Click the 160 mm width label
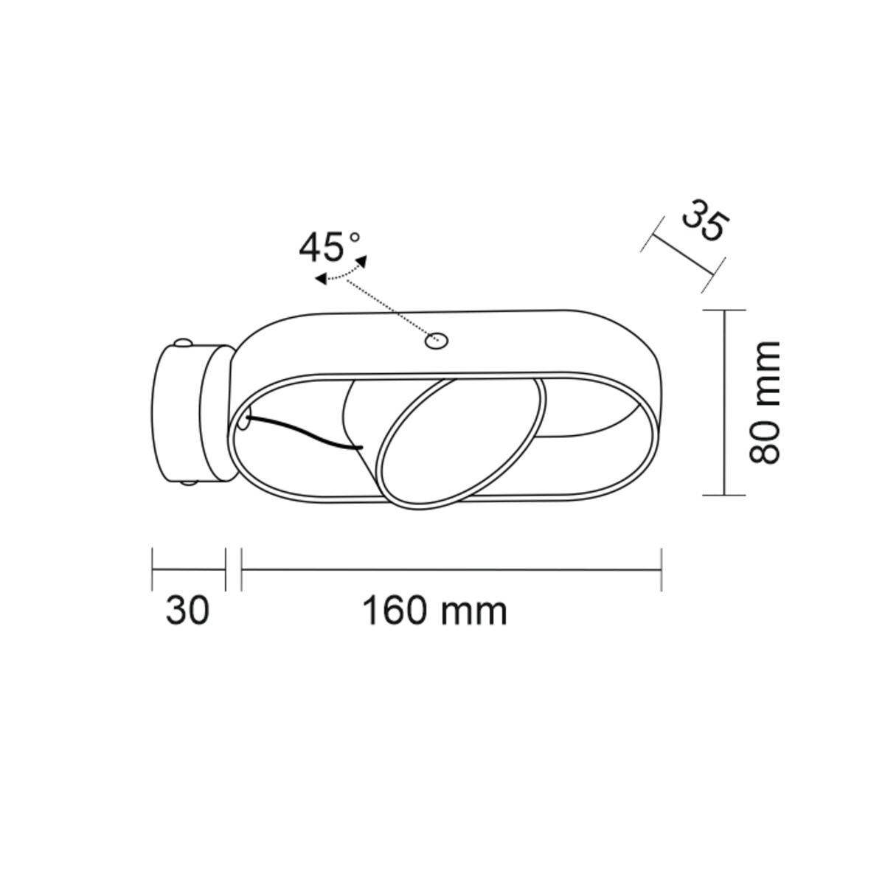pos(435,611)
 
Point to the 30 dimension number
pos(187,611)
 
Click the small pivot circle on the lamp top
pos(437,341)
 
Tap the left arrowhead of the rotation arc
pos(320,279)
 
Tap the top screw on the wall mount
pos(182,344)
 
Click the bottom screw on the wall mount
pos(188,484)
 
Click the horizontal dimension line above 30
pos(188,569)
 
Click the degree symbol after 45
pos(354,237)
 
